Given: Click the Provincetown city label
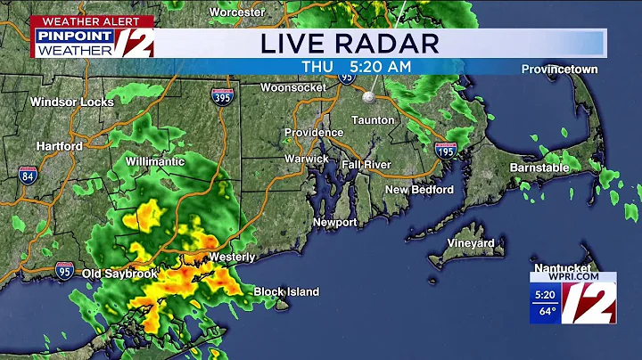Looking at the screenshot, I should coord(559,70).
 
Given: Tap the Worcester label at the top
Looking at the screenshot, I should coord(238,12).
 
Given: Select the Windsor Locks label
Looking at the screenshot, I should coord(72,102).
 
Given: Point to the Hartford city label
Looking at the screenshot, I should coord(60,146).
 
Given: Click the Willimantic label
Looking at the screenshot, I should coord(155,161).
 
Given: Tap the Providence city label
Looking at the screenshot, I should coord(313,132).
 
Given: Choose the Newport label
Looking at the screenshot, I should coord(334,222).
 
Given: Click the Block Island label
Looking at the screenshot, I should coord(286,291).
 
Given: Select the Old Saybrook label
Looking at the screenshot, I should coord(121,273).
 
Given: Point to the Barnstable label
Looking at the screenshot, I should coord(539,168).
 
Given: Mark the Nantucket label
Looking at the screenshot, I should coord(563,267).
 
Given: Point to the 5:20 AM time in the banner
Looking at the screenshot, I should coord(383,66).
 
